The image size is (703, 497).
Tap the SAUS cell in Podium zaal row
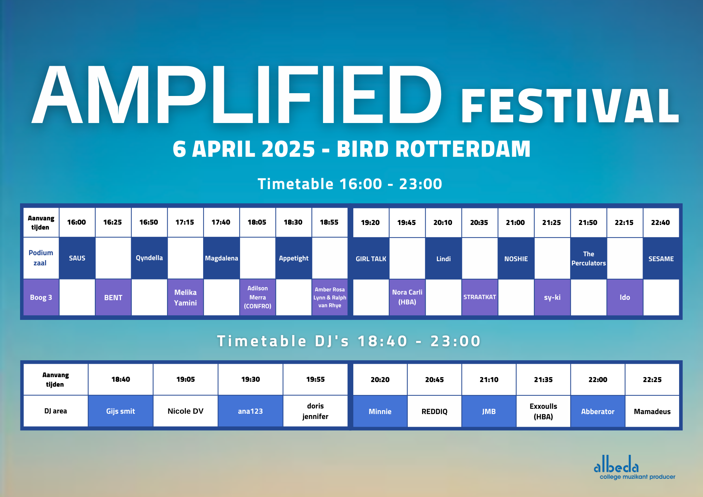[x=77, y=258]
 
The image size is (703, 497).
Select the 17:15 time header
[x=185, y=222]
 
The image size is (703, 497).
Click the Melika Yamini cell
[x=185, y=297]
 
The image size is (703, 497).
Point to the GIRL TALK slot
[x=371, y=259]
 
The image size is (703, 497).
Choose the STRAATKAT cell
[x=479, y=297]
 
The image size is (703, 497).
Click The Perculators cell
[x=588, y=259]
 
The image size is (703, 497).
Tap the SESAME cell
[x=661, y=259]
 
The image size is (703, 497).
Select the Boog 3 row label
[x=41, y=297]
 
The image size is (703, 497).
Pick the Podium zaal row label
[x=41, y=258]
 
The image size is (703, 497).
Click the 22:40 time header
[x=660, y=222]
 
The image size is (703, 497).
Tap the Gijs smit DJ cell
[x=121, y=411]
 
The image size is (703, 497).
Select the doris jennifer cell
[x=315, y=411]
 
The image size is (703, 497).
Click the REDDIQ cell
[x=434, y=412]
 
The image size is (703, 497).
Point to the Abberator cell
[x=598, y=412]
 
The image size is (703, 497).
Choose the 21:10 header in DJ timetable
[x=489, y=380]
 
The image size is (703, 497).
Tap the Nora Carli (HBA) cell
[x=407, y=297]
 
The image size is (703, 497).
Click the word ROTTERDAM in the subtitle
[x=463, y=149]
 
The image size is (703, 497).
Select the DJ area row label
[x=56, y=411]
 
